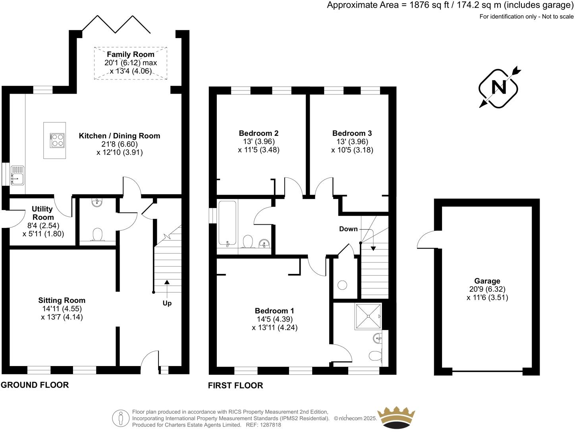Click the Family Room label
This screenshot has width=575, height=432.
click(x=130, y=54)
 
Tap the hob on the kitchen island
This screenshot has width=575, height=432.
click(x=57, y=140)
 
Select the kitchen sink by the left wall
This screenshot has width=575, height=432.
click(x=17, y=175)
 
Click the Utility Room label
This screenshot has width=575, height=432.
click(x=42, y=213)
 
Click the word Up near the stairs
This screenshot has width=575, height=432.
click(x=167, y=303)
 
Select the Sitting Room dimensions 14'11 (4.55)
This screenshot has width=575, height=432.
click(x=62, y=309)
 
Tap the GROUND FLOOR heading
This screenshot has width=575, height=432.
click(x=35, y=385)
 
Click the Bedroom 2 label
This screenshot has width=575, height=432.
click(x=259, y=133)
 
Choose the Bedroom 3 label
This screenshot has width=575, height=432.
click(x=352, y=133)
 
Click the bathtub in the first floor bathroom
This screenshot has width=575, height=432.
click(x=227, y=224)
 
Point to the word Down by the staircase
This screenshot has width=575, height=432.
click(x=348, y=229)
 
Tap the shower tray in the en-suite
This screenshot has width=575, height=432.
click(x=368, y=316)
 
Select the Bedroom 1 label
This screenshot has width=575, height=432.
click(x=274, y=310)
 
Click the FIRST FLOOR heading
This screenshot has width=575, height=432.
click(x=235, y=386)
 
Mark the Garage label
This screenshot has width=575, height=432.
click(x=487, y=281)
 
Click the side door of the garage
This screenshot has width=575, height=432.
click(x=427, y=240)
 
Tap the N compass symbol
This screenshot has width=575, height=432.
click(x=499, y=87)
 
